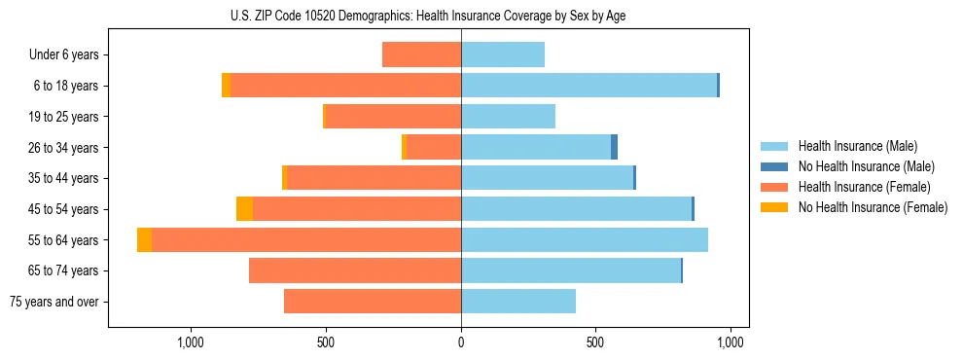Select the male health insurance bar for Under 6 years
(502, 54)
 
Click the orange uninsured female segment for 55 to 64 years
(144, 239)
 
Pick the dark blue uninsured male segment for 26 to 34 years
(614, 147)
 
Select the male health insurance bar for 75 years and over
(517, 302)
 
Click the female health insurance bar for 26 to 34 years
(433, 147)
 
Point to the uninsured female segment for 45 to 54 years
(244, 209)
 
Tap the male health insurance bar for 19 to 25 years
(508, 117)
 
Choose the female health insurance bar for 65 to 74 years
(354, 270)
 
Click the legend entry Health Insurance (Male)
(857, 146)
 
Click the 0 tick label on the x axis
(461, 342)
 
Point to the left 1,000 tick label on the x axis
(191, 342)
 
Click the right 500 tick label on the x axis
(595, 342)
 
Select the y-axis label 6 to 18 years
(65, 86)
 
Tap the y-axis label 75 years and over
(54, 302)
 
